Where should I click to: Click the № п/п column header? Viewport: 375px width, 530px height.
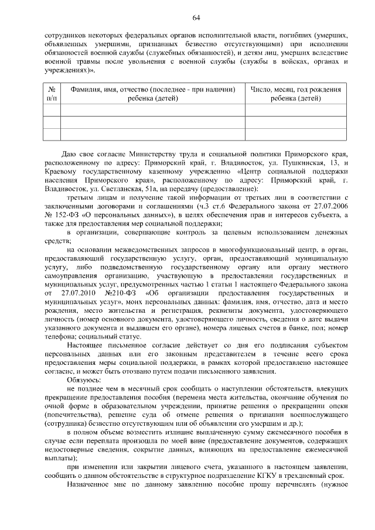pyautogui.click(x=52, y=94)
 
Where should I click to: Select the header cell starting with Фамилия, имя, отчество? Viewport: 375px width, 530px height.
pyautogui.click(x=153, y=94)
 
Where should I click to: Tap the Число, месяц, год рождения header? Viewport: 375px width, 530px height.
pyautogui.click(x=295, y=94)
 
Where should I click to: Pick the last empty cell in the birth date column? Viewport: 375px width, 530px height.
pyautogui.click(x=295, y=135)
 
